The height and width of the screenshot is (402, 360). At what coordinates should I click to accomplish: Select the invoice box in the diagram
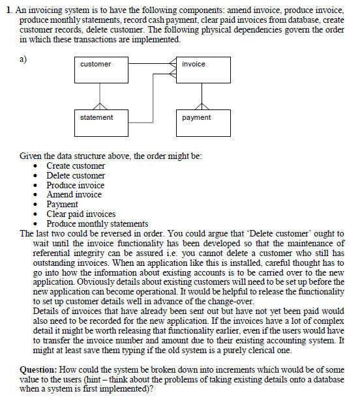click(203, 70)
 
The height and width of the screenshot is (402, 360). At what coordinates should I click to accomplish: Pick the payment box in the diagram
click(203, 122)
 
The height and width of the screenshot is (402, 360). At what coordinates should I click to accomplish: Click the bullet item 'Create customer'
click(75, 166)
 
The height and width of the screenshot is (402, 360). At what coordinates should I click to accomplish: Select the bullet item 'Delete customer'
click(75, 176)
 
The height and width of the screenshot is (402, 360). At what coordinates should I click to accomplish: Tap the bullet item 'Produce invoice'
click(75, 185)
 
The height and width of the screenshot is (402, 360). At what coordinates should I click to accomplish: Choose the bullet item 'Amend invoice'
click(74, 195)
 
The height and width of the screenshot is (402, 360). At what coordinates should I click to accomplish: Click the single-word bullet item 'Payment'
click(62, 205)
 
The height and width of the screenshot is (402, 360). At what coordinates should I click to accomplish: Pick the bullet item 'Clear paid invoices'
click(81, 214)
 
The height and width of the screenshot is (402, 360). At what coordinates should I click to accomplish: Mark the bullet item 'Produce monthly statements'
click(97, 223)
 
